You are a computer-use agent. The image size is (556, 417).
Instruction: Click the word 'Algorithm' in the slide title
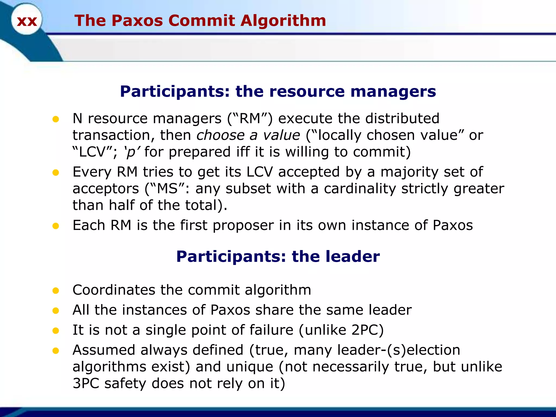283,21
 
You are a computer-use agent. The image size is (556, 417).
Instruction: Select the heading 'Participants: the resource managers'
278,91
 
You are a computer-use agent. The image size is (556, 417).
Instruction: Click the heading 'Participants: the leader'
278,257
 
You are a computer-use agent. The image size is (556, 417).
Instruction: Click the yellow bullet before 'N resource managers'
56,119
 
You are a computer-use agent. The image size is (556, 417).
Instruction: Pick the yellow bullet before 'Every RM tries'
56,172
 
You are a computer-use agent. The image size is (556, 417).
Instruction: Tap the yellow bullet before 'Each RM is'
56,226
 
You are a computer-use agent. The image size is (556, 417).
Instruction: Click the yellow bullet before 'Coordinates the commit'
56,290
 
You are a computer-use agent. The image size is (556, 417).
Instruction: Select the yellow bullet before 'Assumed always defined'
56,350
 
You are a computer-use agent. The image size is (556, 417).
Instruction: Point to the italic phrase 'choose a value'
248,135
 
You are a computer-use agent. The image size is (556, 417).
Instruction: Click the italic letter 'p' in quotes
131,152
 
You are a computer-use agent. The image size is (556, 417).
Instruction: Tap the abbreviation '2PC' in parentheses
365,330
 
